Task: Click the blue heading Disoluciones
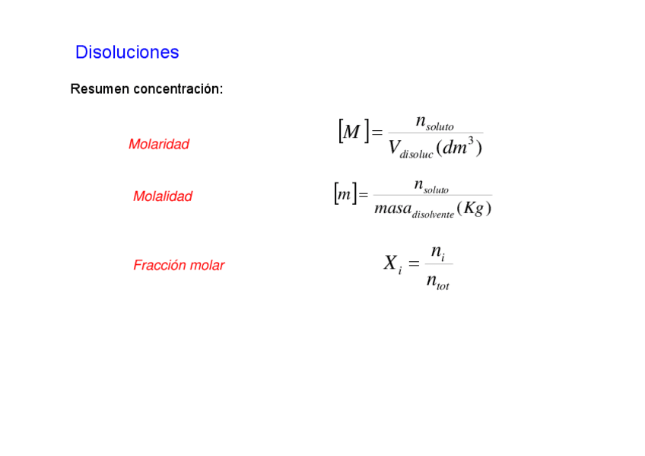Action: [127, 53]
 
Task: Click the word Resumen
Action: [100, 89]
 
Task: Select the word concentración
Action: [178, 89]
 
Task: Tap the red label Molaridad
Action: [159, 144]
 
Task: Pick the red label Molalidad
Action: [163, 196]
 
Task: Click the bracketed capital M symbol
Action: [352, 132]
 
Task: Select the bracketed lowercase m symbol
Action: [345, 194]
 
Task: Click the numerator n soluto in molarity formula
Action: [434, 122]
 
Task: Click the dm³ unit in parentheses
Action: [459, 147]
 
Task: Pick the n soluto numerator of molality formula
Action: [431, 185]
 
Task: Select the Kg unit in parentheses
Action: [474, 208]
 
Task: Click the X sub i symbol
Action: [392, 264]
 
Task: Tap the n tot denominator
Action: [437, 282]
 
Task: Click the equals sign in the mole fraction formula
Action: [414, 264]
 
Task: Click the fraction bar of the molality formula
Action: [432, 196]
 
